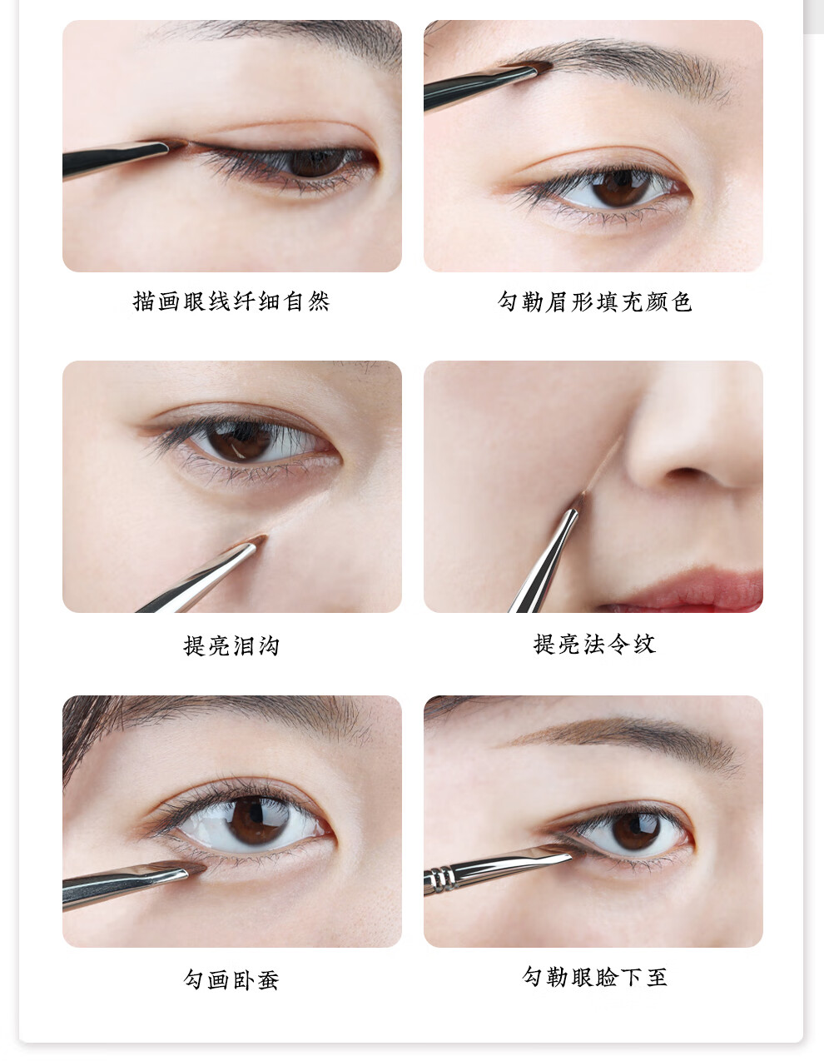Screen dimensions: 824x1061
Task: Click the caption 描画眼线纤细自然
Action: point(231,301)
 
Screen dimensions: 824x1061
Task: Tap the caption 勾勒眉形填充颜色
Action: point(594,301)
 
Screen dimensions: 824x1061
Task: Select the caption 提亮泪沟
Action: point(231,645)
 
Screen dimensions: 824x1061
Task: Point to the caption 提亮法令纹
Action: point(594,644)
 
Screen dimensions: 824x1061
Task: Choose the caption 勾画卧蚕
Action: point(231,979)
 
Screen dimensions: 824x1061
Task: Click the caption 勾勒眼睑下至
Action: point(594,977)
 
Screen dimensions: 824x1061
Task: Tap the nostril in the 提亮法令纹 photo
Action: point(686,472)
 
